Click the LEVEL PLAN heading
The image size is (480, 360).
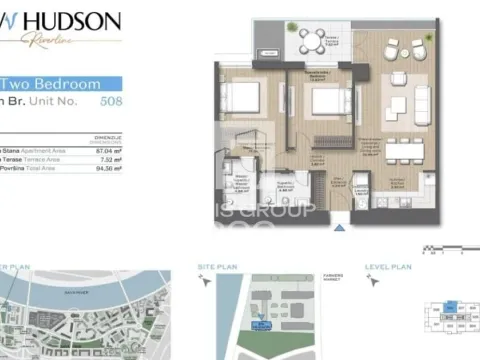390,269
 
